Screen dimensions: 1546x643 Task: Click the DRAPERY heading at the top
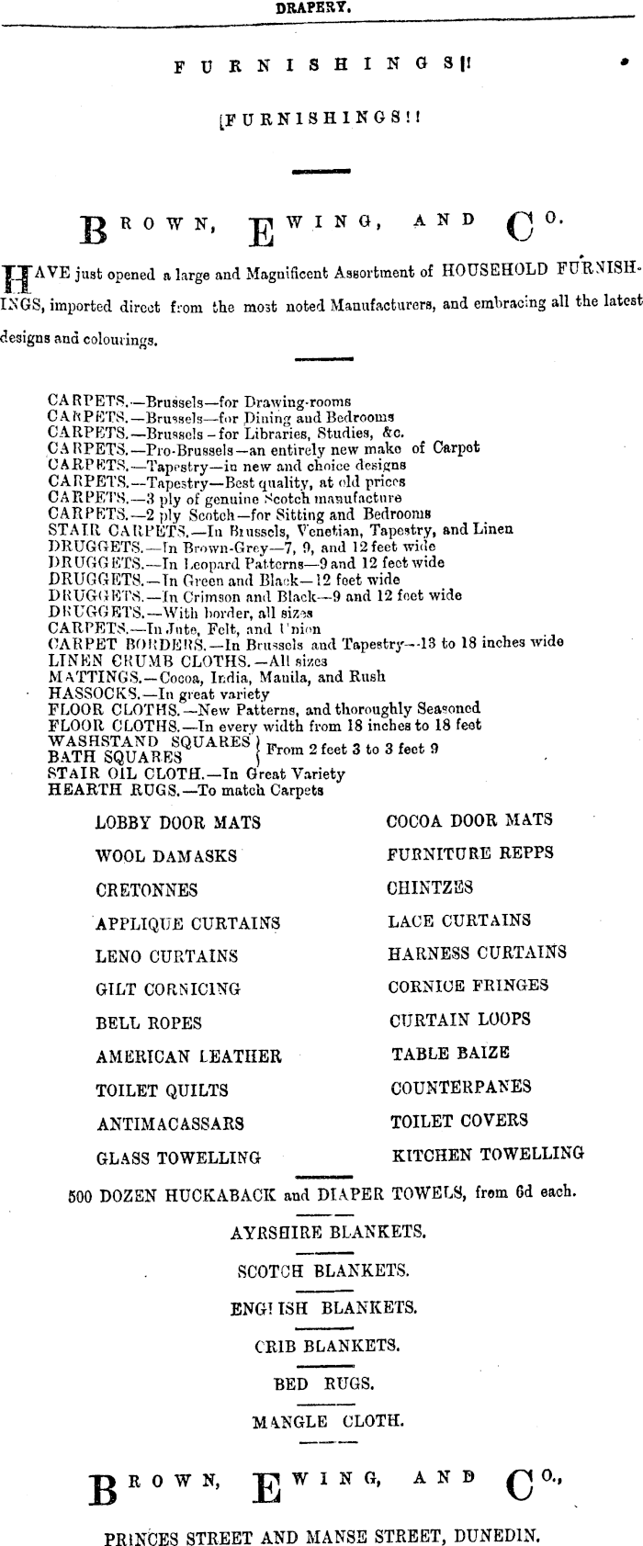(315, 7)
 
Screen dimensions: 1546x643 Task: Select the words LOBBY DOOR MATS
(177, 823)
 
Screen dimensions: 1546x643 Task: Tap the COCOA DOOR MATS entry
(469, 820)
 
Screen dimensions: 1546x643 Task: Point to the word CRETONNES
(146, 890)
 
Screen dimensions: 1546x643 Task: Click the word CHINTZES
(430, 886)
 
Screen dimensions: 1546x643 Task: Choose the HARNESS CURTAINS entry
(477, 954)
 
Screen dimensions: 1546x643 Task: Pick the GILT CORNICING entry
(168, 989)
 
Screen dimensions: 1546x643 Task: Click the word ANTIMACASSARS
(170, 1123)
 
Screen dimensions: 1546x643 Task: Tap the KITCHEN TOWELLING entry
(488, 1155)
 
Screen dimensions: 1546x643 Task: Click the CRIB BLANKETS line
(326, 1347)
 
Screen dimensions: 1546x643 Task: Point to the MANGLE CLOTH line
(327, 1422)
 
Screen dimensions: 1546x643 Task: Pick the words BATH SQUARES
(115, 758)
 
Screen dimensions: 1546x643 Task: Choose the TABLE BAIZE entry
(450, 1054)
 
